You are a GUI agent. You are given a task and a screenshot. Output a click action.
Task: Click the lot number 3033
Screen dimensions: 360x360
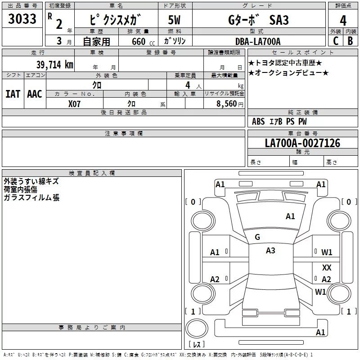(22, 18)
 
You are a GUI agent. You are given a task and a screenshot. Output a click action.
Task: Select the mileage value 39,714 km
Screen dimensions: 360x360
(55, 64)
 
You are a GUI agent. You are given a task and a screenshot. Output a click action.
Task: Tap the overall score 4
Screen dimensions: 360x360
(343, 20)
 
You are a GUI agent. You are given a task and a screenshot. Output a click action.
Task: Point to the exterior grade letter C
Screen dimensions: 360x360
(336, 41)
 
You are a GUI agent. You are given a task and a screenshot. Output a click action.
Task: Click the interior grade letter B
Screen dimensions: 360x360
(351, 41)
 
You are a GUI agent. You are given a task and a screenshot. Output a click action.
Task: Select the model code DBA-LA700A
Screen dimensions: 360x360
(258, 41)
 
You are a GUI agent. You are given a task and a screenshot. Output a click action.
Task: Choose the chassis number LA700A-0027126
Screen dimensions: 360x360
(302, 143)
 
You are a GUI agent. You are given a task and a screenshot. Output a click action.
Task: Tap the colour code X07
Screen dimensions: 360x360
(74, 104)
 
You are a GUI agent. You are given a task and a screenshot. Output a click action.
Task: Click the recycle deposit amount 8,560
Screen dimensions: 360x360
(227, 103)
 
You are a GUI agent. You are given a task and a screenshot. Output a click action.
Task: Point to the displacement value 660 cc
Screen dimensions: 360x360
(143, 41)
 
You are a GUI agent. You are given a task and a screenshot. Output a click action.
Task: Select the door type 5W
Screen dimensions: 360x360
(174, 20)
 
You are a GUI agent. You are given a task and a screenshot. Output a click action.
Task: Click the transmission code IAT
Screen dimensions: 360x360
(13, 94)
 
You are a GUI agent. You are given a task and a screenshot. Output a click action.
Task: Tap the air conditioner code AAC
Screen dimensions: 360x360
(35, 94)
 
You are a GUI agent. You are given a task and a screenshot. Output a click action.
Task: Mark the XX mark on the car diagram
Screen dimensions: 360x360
(327, 267)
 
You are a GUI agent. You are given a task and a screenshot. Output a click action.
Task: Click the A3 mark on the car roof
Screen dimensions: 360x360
(270, 251)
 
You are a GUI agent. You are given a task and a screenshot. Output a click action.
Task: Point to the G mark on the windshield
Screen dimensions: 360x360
(257, 237)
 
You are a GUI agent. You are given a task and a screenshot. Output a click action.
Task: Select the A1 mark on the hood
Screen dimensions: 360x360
(290, 216)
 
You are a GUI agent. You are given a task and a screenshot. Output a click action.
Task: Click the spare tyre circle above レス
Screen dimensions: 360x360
(197, 328)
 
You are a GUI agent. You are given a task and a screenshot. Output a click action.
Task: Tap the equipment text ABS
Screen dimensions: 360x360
(258, 121)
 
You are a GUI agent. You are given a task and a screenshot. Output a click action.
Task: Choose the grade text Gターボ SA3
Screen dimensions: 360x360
(258, 20)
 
